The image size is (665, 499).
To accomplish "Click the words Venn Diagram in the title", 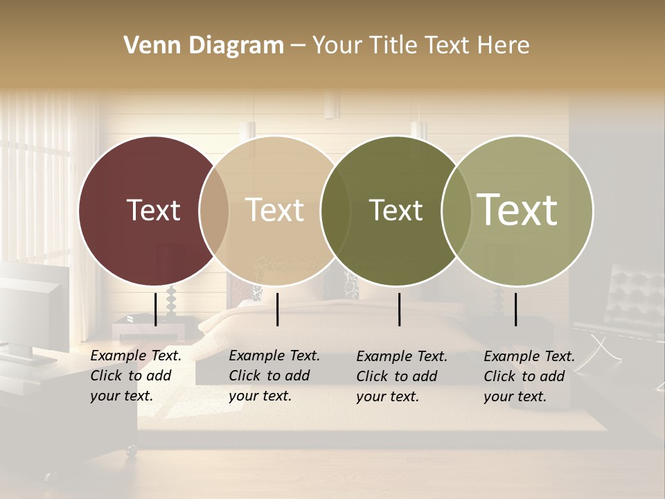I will pyautogui.click(x=204, y=46).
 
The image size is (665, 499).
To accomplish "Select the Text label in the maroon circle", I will pyautogui.click(x=153, y=210).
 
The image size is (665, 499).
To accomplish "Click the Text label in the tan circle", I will pyautogui.click(x=274, y=210).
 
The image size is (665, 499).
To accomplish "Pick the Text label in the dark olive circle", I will pyautogui.click(x=396, y=210).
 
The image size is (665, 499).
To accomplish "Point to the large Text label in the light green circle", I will pyautogui.click(x=517, y=210).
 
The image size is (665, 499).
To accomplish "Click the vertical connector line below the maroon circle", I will pyautogui.click(x=155, y=309).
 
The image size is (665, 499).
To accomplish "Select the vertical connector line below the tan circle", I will pyautogui.click(x=277, y=309).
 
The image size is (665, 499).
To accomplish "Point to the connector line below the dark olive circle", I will pyautogui.click(x=399, y=309).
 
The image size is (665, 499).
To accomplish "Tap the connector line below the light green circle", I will pyautogui.click(x=515, y=309).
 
